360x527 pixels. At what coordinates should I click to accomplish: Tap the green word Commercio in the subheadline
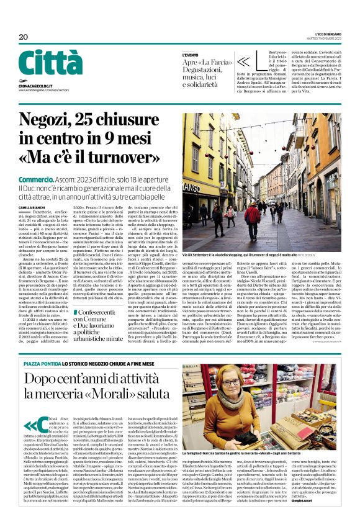click(36, 178)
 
